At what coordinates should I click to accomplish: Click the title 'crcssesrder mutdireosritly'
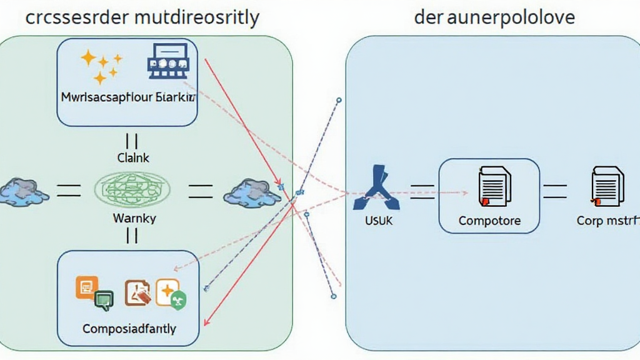[x=142, y=17]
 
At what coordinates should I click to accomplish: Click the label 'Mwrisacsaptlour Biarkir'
[x=128, y=98]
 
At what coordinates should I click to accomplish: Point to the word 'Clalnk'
[x=133, y=158]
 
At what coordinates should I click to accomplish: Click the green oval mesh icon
[x=132, y=188]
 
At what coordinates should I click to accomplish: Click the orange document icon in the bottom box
[x=86, y=287]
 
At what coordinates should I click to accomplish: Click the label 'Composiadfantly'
[x=129, y=327]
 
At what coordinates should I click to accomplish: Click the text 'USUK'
[x=377, y=221]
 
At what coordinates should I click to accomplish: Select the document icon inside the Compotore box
[x=493, y=186]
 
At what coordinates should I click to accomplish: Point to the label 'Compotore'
[x=489, y=221]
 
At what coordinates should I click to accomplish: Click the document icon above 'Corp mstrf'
[x=607, y=186]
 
